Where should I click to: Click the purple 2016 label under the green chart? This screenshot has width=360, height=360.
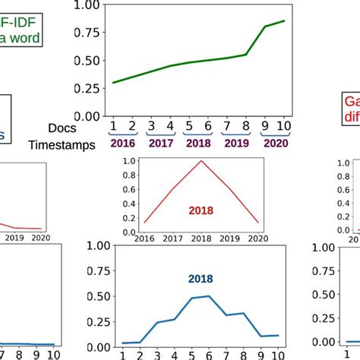(x=122, y=142)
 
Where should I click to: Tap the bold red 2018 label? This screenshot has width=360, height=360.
(x=202, y=210)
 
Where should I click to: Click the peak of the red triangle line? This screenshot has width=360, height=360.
(x=202, y=161)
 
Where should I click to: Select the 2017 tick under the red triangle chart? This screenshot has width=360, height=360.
(x=174, y=238)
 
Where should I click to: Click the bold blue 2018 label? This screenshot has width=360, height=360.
(x=202, y=279)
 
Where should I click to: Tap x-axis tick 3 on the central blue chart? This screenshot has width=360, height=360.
(x=157, y=355)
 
